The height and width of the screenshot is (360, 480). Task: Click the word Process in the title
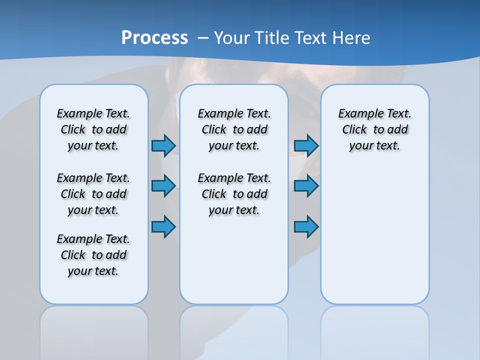coord(154,37)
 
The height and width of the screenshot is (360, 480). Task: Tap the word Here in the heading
coord(352,37)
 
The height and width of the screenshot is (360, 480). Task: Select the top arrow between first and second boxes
coord(163,145)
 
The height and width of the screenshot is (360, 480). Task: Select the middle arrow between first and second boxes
coord(163,186)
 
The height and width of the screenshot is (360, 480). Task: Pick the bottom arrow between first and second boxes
coord(163,226)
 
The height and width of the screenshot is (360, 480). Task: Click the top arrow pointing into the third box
coord(306,145)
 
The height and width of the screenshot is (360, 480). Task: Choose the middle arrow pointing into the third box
coord(306,186)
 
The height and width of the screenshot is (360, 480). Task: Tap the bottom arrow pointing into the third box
coord(306,226)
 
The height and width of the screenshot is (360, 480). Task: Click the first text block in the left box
coord(93,129)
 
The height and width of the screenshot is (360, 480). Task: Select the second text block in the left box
coord(93,194)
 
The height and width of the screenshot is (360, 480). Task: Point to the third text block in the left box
coord(93,255)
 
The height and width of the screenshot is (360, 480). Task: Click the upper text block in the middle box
coord(234,129)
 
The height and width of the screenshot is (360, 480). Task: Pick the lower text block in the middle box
coord(234,194)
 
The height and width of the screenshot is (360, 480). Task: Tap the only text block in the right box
coord(374,129)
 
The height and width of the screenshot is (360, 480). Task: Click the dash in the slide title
coord(203,38)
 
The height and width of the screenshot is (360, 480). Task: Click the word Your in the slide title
coord(231,37)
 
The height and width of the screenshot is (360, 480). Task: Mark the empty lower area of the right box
coord(374,235)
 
